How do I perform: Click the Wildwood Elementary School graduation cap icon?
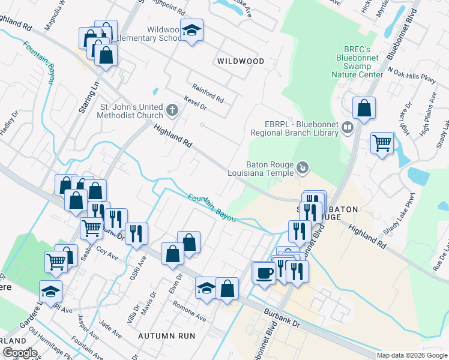tap(192, 30)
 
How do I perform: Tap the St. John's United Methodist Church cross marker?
tap(172, 110)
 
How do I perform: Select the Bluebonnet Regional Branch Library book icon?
tap(347, 127)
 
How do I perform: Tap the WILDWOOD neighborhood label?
tap(240, 61)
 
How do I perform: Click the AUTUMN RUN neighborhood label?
tap(167, 336)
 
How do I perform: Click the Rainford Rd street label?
tap(208, 92)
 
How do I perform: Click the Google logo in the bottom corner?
tap(20, 353)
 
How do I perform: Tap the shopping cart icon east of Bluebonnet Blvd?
tap(382, 143)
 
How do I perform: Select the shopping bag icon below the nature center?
tap(364, 109)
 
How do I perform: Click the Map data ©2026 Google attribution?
tap(412, 355)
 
